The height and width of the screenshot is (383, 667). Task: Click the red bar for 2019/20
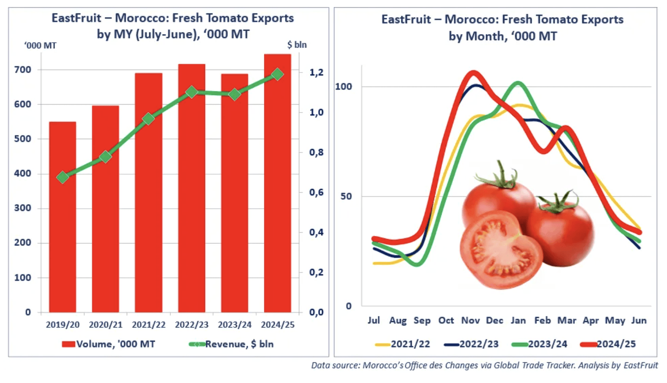(x=62, y=216)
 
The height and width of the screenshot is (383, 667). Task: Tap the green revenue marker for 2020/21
(x=106, y=157)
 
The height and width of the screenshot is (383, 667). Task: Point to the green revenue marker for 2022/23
(x=192, y=92)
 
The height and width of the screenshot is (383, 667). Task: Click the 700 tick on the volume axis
(x=22, y=70)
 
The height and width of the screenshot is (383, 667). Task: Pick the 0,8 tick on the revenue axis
(x=316, y=153)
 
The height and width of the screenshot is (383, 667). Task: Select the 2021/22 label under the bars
(x=148, y=325)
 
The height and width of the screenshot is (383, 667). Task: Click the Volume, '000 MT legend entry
(x=109, y=344)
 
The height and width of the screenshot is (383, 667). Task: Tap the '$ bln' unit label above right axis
(x=297, y=45)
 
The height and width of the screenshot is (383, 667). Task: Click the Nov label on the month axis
(x=470, y=320)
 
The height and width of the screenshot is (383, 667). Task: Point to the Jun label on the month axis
(x=639, y=320)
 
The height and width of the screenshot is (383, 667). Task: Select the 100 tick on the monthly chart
(x=343, y=86)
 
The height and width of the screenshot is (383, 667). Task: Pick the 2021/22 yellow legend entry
(x=403, y=344)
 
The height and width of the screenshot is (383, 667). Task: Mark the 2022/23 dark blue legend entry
(x=471, y=344)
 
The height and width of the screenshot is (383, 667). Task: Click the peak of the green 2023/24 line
(x=518, y=83)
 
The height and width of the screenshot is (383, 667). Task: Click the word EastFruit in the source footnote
(x=640, y=365)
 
